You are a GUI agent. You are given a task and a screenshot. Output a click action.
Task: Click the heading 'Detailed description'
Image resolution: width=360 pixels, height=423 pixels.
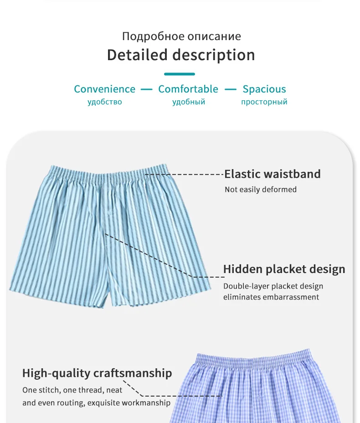181,55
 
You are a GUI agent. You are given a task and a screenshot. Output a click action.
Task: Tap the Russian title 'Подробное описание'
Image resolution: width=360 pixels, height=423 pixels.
181,36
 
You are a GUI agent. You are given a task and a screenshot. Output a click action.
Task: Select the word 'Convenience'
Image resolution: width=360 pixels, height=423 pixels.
105,89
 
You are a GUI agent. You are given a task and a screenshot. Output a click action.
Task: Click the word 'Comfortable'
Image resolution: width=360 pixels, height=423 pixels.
188,89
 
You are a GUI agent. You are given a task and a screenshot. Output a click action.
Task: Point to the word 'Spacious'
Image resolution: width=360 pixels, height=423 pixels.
264,89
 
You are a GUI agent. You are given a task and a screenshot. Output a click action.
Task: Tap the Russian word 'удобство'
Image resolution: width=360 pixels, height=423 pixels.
105,102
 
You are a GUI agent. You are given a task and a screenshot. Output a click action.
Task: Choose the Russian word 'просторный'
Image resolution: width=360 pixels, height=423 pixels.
264,102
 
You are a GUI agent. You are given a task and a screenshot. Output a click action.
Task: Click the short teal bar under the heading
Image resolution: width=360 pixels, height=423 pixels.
180,74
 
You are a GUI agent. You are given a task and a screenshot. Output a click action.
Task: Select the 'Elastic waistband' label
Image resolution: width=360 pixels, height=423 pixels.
273,174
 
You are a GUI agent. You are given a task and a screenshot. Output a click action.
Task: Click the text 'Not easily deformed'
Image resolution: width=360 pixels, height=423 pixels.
261,190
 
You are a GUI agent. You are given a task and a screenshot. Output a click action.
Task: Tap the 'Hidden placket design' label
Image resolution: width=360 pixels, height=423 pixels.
284,269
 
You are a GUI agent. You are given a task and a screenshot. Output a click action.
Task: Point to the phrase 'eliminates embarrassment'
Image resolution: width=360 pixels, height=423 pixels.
271,297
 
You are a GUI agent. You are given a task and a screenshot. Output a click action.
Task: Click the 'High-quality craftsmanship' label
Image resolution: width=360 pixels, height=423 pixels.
97,373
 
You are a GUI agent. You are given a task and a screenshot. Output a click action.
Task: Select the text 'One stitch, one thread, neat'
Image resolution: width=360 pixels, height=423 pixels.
72,391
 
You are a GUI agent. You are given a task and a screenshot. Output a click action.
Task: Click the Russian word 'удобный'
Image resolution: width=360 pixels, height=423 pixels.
189,102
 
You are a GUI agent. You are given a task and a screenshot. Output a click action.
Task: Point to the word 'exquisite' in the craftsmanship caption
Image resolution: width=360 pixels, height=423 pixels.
104,403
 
